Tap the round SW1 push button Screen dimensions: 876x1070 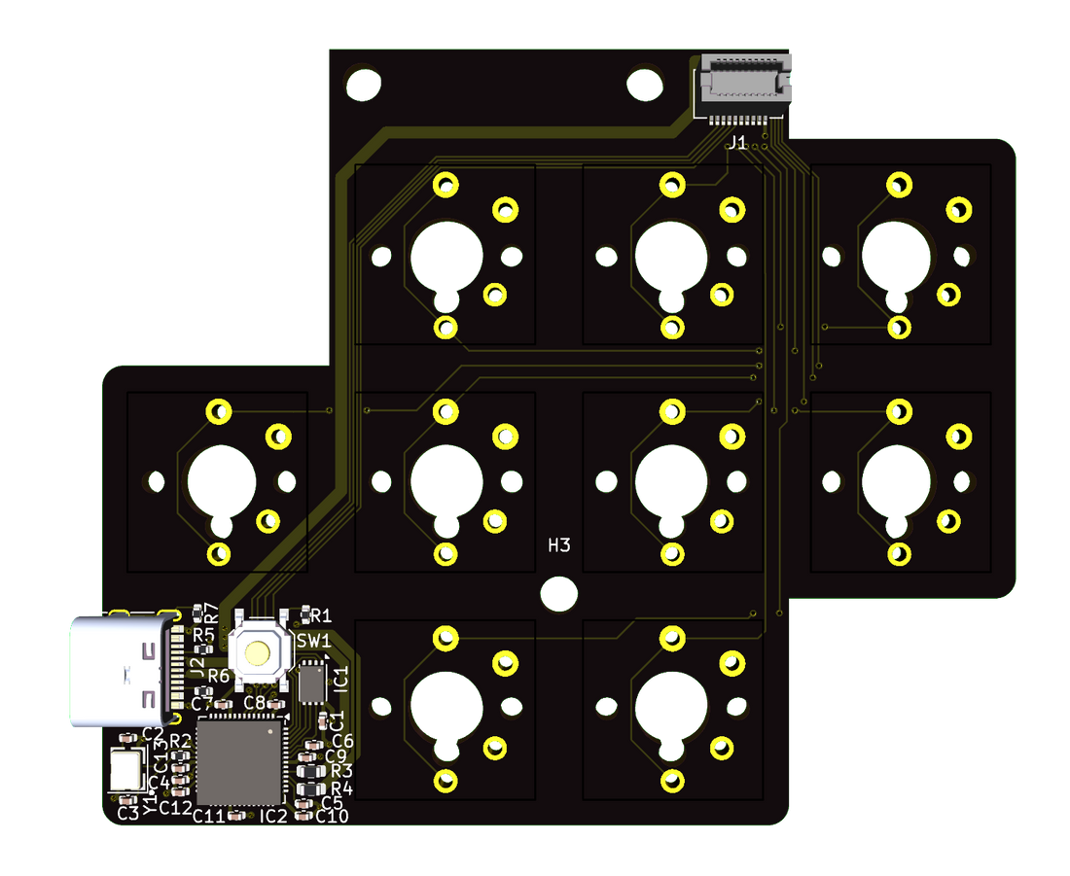(258, 652)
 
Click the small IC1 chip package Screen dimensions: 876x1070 (312, 682)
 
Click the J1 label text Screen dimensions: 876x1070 (737, 143)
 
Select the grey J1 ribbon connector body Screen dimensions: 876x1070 (745, 81)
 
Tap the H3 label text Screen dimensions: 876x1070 (558, 545)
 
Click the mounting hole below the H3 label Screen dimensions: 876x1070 (558, 592)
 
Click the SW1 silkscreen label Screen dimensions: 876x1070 (313, 641)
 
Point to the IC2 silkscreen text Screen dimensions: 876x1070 (273, 816)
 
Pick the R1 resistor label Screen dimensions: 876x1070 (321, 615)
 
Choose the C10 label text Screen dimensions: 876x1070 (332, 816)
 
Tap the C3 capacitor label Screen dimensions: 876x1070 (127, 813)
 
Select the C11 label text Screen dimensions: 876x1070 (209, 816)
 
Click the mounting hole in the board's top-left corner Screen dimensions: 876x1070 (364, 85)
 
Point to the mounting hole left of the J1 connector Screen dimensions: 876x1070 (644, 85)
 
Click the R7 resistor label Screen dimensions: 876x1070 (210, 614)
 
